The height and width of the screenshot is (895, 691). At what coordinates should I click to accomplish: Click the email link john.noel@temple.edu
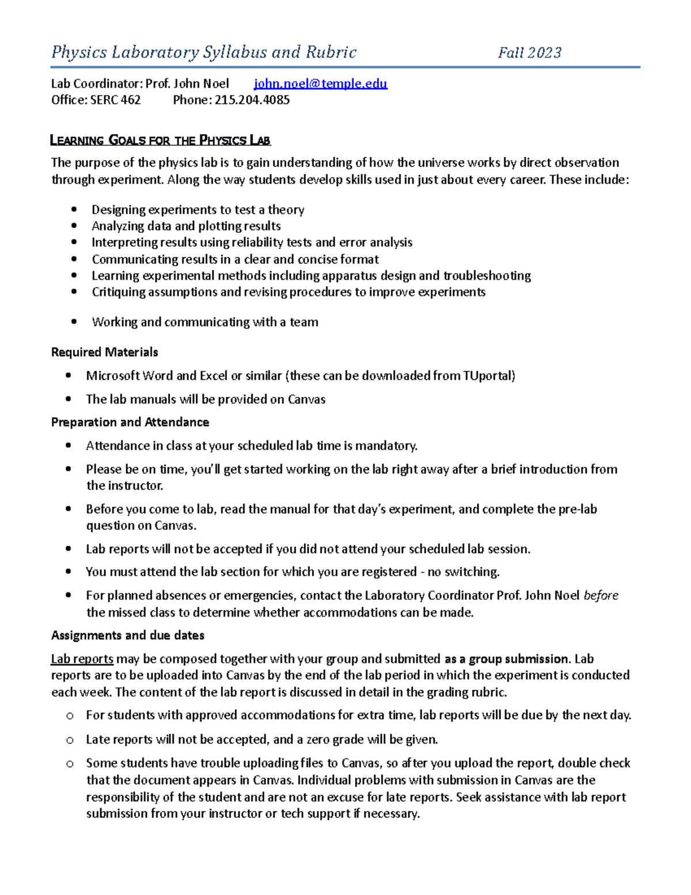[320, 84]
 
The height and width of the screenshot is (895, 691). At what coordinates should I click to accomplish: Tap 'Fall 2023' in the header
[529, 53]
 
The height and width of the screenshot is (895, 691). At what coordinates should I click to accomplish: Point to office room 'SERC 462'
[115, 100]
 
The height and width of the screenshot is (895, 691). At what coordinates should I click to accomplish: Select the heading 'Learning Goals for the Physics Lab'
[161, 140]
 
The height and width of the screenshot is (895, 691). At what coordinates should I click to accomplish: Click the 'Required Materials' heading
[104, 352]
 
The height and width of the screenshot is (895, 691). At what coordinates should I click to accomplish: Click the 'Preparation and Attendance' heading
[130, 422]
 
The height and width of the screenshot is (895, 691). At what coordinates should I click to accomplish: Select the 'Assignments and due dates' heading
[128, 636]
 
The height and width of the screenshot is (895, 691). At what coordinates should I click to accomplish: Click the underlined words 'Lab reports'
[82, 659]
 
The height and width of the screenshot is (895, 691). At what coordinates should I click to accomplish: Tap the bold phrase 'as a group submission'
[506, 659]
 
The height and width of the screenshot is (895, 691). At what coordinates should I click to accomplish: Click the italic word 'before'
[601, 596]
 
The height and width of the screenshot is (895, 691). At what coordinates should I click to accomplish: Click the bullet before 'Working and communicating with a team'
[74, 322]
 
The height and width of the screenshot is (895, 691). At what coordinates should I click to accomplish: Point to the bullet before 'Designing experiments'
[74, 210]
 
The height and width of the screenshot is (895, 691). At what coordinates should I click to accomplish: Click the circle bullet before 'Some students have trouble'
[70, 764]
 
